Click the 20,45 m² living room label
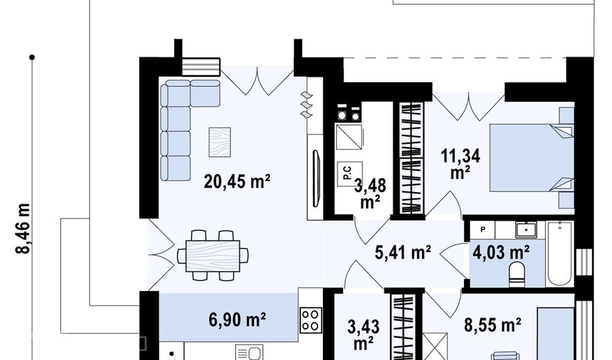[237, 181]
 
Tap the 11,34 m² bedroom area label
[460, 164]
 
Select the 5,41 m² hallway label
[402, 253]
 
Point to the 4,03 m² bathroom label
[501, 252]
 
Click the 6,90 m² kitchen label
[237, 320]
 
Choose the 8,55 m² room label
[492, 325]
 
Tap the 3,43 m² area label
[364, 335]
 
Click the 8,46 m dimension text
[23, 229]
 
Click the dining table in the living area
[213, 256]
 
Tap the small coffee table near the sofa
[220, 142]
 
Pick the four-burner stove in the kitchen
[311, 320]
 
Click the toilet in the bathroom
[517, 272]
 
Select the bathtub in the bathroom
[560, 254]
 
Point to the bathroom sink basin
[526, 229]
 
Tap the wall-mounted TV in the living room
[317, 178]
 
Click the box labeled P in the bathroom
[483, 229]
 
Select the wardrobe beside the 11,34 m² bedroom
[412, 158]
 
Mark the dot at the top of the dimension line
[32, 57]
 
